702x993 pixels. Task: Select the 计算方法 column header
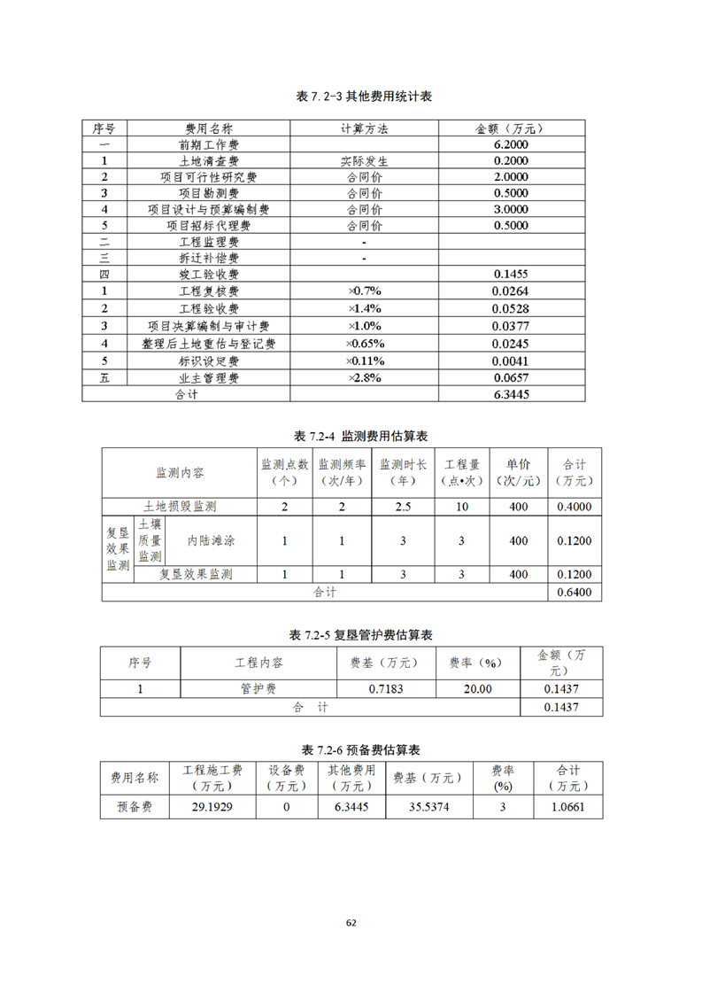(x=364, y=128)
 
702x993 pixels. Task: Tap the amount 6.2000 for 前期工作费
(x=511, y=144)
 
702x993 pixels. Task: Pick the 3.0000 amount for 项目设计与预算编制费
(x=511, y=210)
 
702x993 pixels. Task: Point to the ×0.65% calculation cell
(x=364, y=344)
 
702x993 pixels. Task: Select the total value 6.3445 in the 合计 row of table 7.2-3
(x=511, y=395)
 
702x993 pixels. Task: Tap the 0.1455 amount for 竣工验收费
(x=511, y=275)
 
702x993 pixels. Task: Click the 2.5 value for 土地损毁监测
(x=403, y=507)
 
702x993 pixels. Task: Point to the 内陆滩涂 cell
(x=211, y=540)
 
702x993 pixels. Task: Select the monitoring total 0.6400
(x=575, y=592)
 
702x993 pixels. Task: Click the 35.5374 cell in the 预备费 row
(x=428, y=807)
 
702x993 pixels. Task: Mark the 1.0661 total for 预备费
(x=567, y=807)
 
